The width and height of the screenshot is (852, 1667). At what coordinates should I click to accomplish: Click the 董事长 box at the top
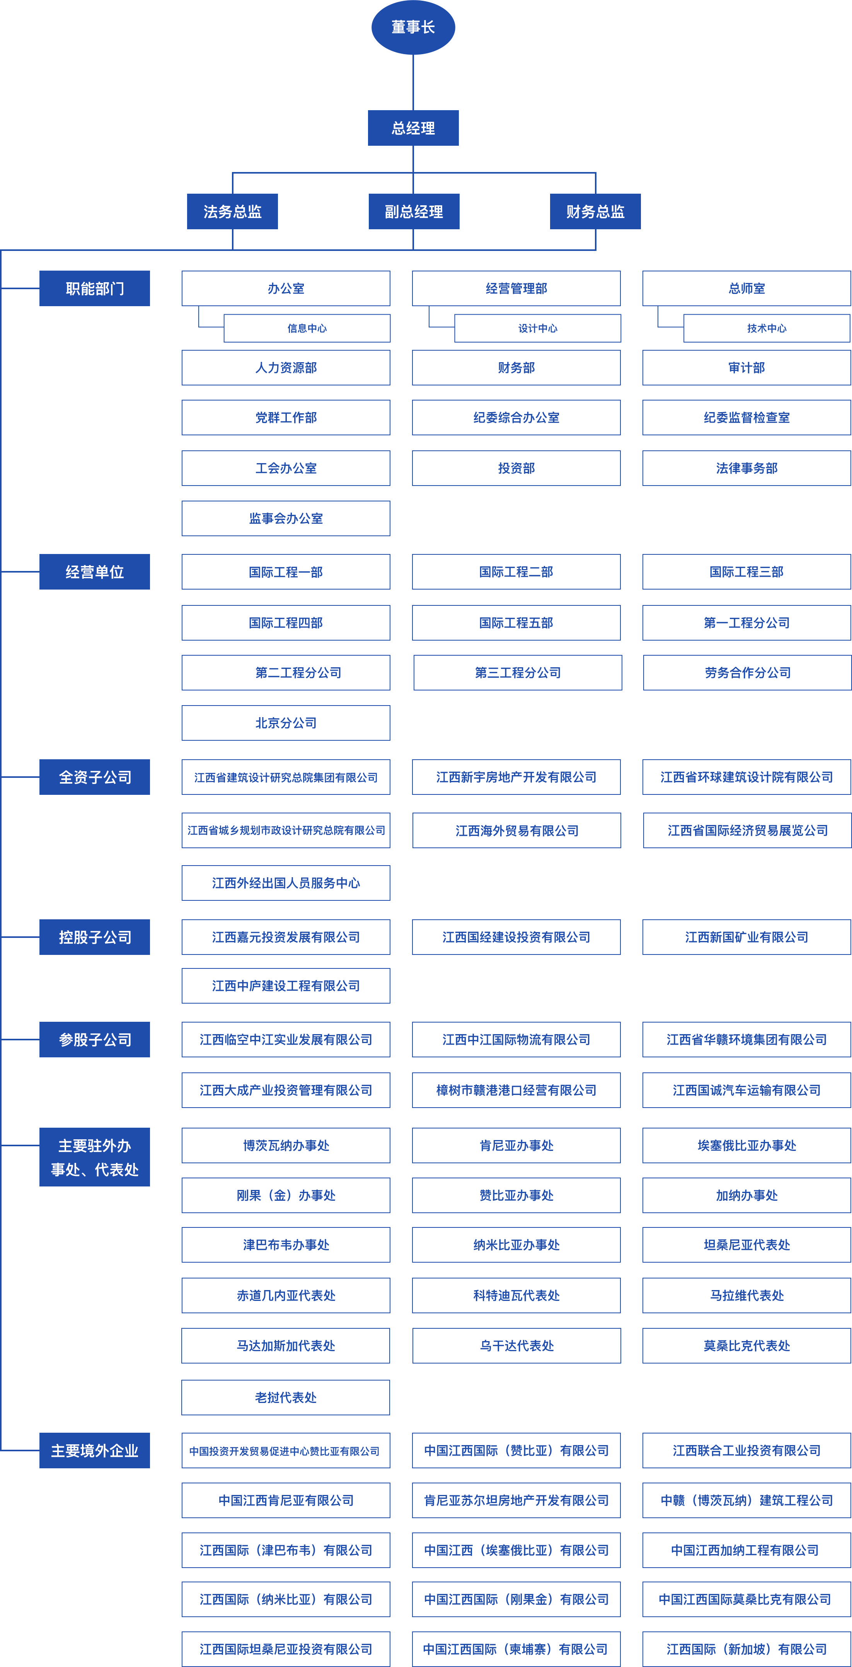tap(413, 27)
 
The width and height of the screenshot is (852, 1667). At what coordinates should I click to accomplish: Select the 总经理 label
tap(413, 128)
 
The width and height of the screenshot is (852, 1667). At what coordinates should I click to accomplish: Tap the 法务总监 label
tap(232, 211)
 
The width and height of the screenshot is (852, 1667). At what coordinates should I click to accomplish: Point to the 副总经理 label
tap(413, 211)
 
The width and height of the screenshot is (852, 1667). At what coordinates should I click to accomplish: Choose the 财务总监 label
tap(595, 211)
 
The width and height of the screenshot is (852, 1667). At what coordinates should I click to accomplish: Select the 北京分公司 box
tap(285, 723)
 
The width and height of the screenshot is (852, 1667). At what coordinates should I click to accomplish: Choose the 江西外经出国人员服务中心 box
tap(285, 883)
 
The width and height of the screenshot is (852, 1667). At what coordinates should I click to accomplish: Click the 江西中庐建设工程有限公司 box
tap(285, 985)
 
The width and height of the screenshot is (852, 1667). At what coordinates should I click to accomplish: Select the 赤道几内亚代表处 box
tap(285, 1295)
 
